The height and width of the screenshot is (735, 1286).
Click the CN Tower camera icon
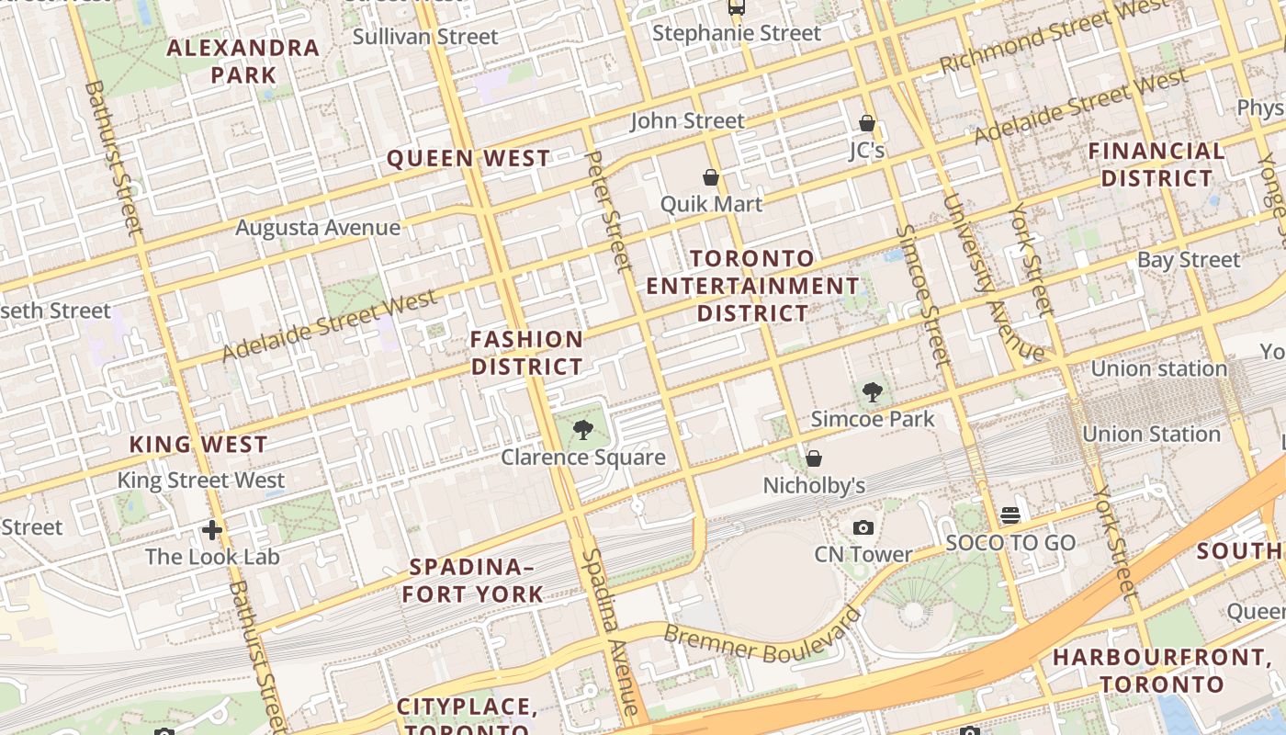click(863, 527)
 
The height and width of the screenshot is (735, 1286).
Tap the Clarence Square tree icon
click(582, 429)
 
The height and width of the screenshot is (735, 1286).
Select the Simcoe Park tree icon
click(872, 393)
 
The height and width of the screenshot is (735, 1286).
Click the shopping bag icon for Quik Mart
click(710, 176)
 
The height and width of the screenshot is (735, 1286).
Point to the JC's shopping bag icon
click(866, 122)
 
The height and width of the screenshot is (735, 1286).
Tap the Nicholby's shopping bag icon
click(813, 458)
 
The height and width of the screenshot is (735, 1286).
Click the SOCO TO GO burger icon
click(1010, 515)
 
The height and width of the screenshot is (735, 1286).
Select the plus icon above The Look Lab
click(212, 530)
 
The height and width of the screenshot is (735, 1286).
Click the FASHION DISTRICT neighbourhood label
click(526, 353)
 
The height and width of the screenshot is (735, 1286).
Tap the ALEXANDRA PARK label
click(243, 61)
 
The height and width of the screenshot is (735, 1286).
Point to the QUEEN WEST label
click(468, 158)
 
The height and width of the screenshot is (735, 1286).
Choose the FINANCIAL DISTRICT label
click(1157, 164)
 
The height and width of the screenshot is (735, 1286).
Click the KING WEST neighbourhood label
click(198, 445)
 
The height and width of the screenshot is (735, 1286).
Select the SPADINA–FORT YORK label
click(472, 580)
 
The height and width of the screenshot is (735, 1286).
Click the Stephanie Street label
click(737, 33)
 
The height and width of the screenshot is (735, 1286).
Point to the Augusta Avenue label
click(318, 227)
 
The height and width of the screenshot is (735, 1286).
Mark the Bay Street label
click(1189, 260)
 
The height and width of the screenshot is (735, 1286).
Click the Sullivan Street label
click(425, 37)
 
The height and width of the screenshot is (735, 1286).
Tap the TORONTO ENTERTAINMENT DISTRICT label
click(752, 286)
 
